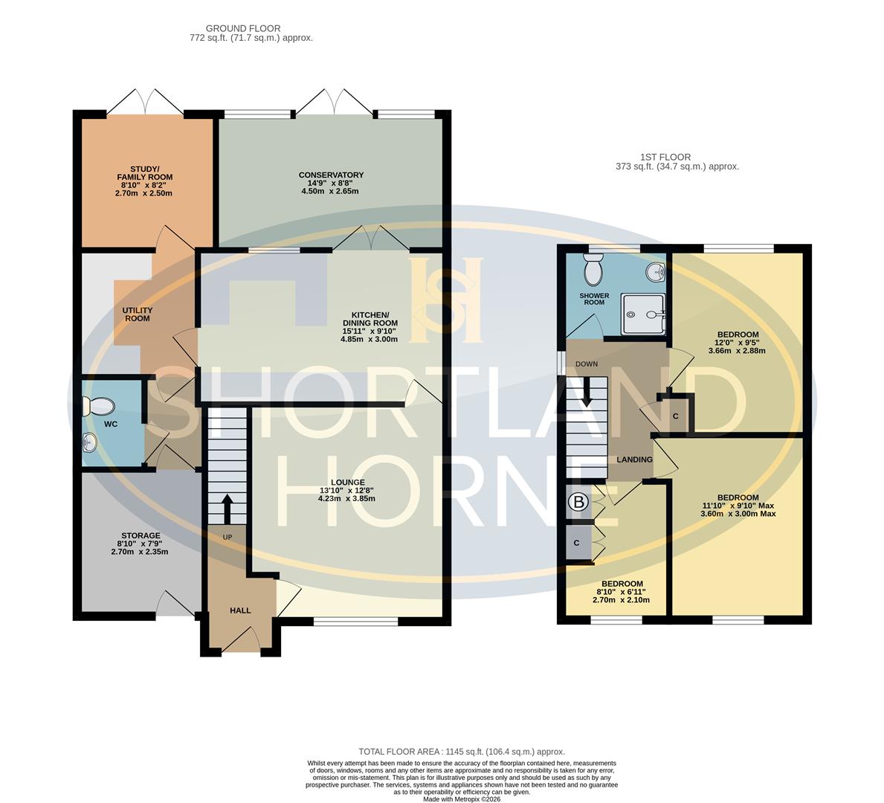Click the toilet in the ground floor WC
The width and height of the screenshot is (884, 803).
tap(99, 406)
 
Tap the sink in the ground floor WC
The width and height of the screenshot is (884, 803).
tap(89, 443)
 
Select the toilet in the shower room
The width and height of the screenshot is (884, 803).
tap(594, 271)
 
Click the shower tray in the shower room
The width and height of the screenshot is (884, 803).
tap(643, 313)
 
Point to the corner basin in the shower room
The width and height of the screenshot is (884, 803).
tap(656, 273)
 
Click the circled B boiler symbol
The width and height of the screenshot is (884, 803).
tap(577, 503)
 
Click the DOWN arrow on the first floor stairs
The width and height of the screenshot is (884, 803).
tap(587, 393)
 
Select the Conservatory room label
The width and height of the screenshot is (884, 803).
tap(332, 175)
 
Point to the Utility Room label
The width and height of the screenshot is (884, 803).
tap(138, 315)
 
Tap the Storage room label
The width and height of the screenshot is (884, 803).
tap(141, 535)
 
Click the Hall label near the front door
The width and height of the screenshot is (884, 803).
tap(240, 610)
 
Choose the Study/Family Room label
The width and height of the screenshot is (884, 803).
tap(144, 172)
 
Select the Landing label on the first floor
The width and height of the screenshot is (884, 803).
tap(634, 459)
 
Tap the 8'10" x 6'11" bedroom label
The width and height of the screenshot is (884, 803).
tap(622, 592)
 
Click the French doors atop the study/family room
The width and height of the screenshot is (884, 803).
tap(146, 103)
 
